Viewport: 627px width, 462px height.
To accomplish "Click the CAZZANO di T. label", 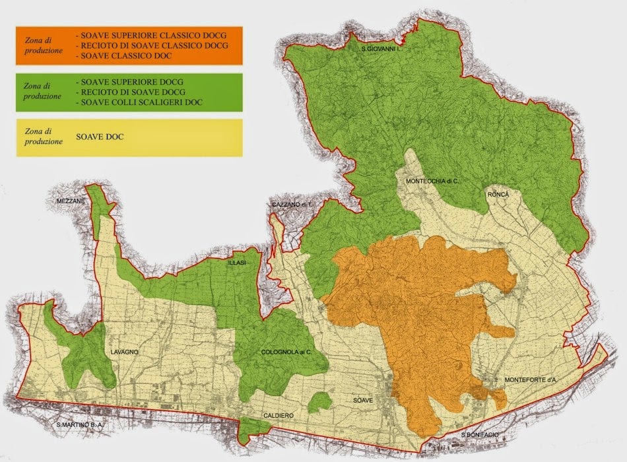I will (x=291, y=205).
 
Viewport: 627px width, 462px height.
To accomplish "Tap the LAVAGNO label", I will (x=124, y=352).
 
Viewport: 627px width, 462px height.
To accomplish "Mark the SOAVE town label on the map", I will (x=362, y=401).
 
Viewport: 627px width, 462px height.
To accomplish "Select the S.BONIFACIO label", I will (x=480, y=434).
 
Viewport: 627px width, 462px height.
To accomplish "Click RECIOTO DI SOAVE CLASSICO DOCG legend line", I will (x=152, y=45).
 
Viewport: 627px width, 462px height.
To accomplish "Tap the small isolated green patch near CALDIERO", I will (x=319, y=402).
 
